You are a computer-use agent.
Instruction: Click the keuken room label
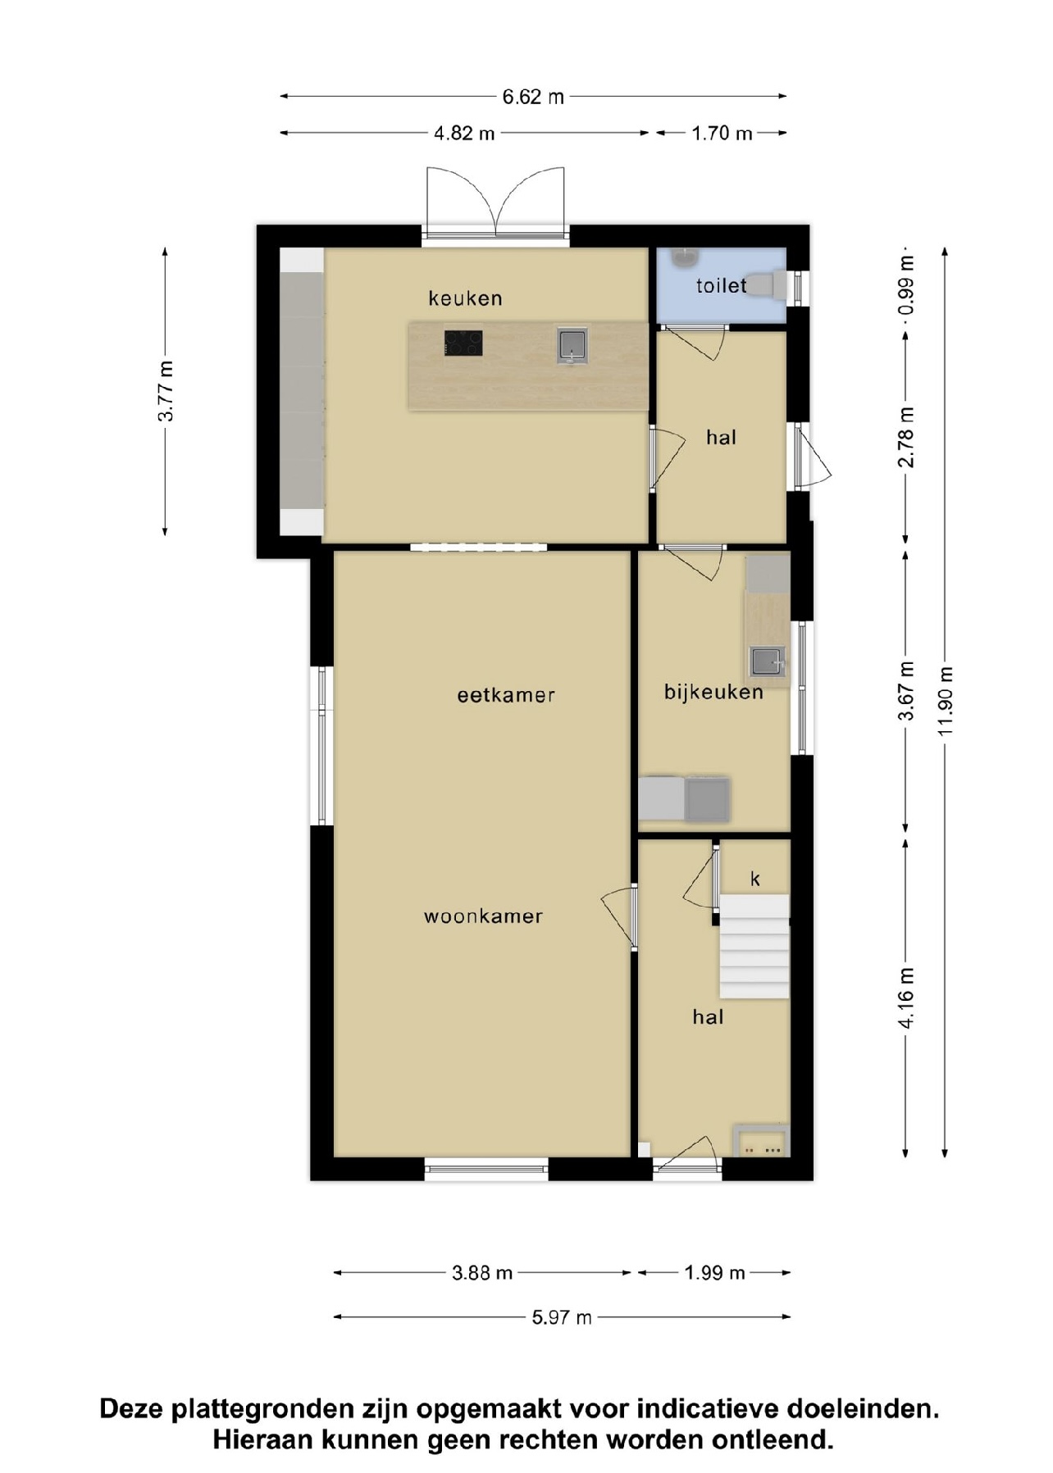(x=465, y=298)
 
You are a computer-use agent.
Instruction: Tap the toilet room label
(x=721, y=286)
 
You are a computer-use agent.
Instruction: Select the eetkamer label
(x=506, y=695)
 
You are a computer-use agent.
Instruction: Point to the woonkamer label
(x=483, y=916)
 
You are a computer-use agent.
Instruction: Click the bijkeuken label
(x=713, y=693)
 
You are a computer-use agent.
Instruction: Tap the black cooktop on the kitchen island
(x=463, y=343)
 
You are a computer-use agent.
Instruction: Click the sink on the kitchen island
(x=572, y=345)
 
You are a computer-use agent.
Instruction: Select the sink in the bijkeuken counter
(x=768, y=661)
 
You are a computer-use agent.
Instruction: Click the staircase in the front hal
(x=754, y=947)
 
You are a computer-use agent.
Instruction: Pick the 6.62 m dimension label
(x=533, y=97)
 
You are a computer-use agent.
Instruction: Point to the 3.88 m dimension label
(x=482, y=1273)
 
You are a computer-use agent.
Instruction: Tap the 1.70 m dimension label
(x=722, y=133)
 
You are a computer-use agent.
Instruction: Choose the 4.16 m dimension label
(x=906, y=997)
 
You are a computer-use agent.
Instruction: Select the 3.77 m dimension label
(x=166, y=391)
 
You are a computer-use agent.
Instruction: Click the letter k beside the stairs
(x=755, y=879)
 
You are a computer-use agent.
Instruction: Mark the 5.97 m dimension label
(x=562, y=1317)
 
